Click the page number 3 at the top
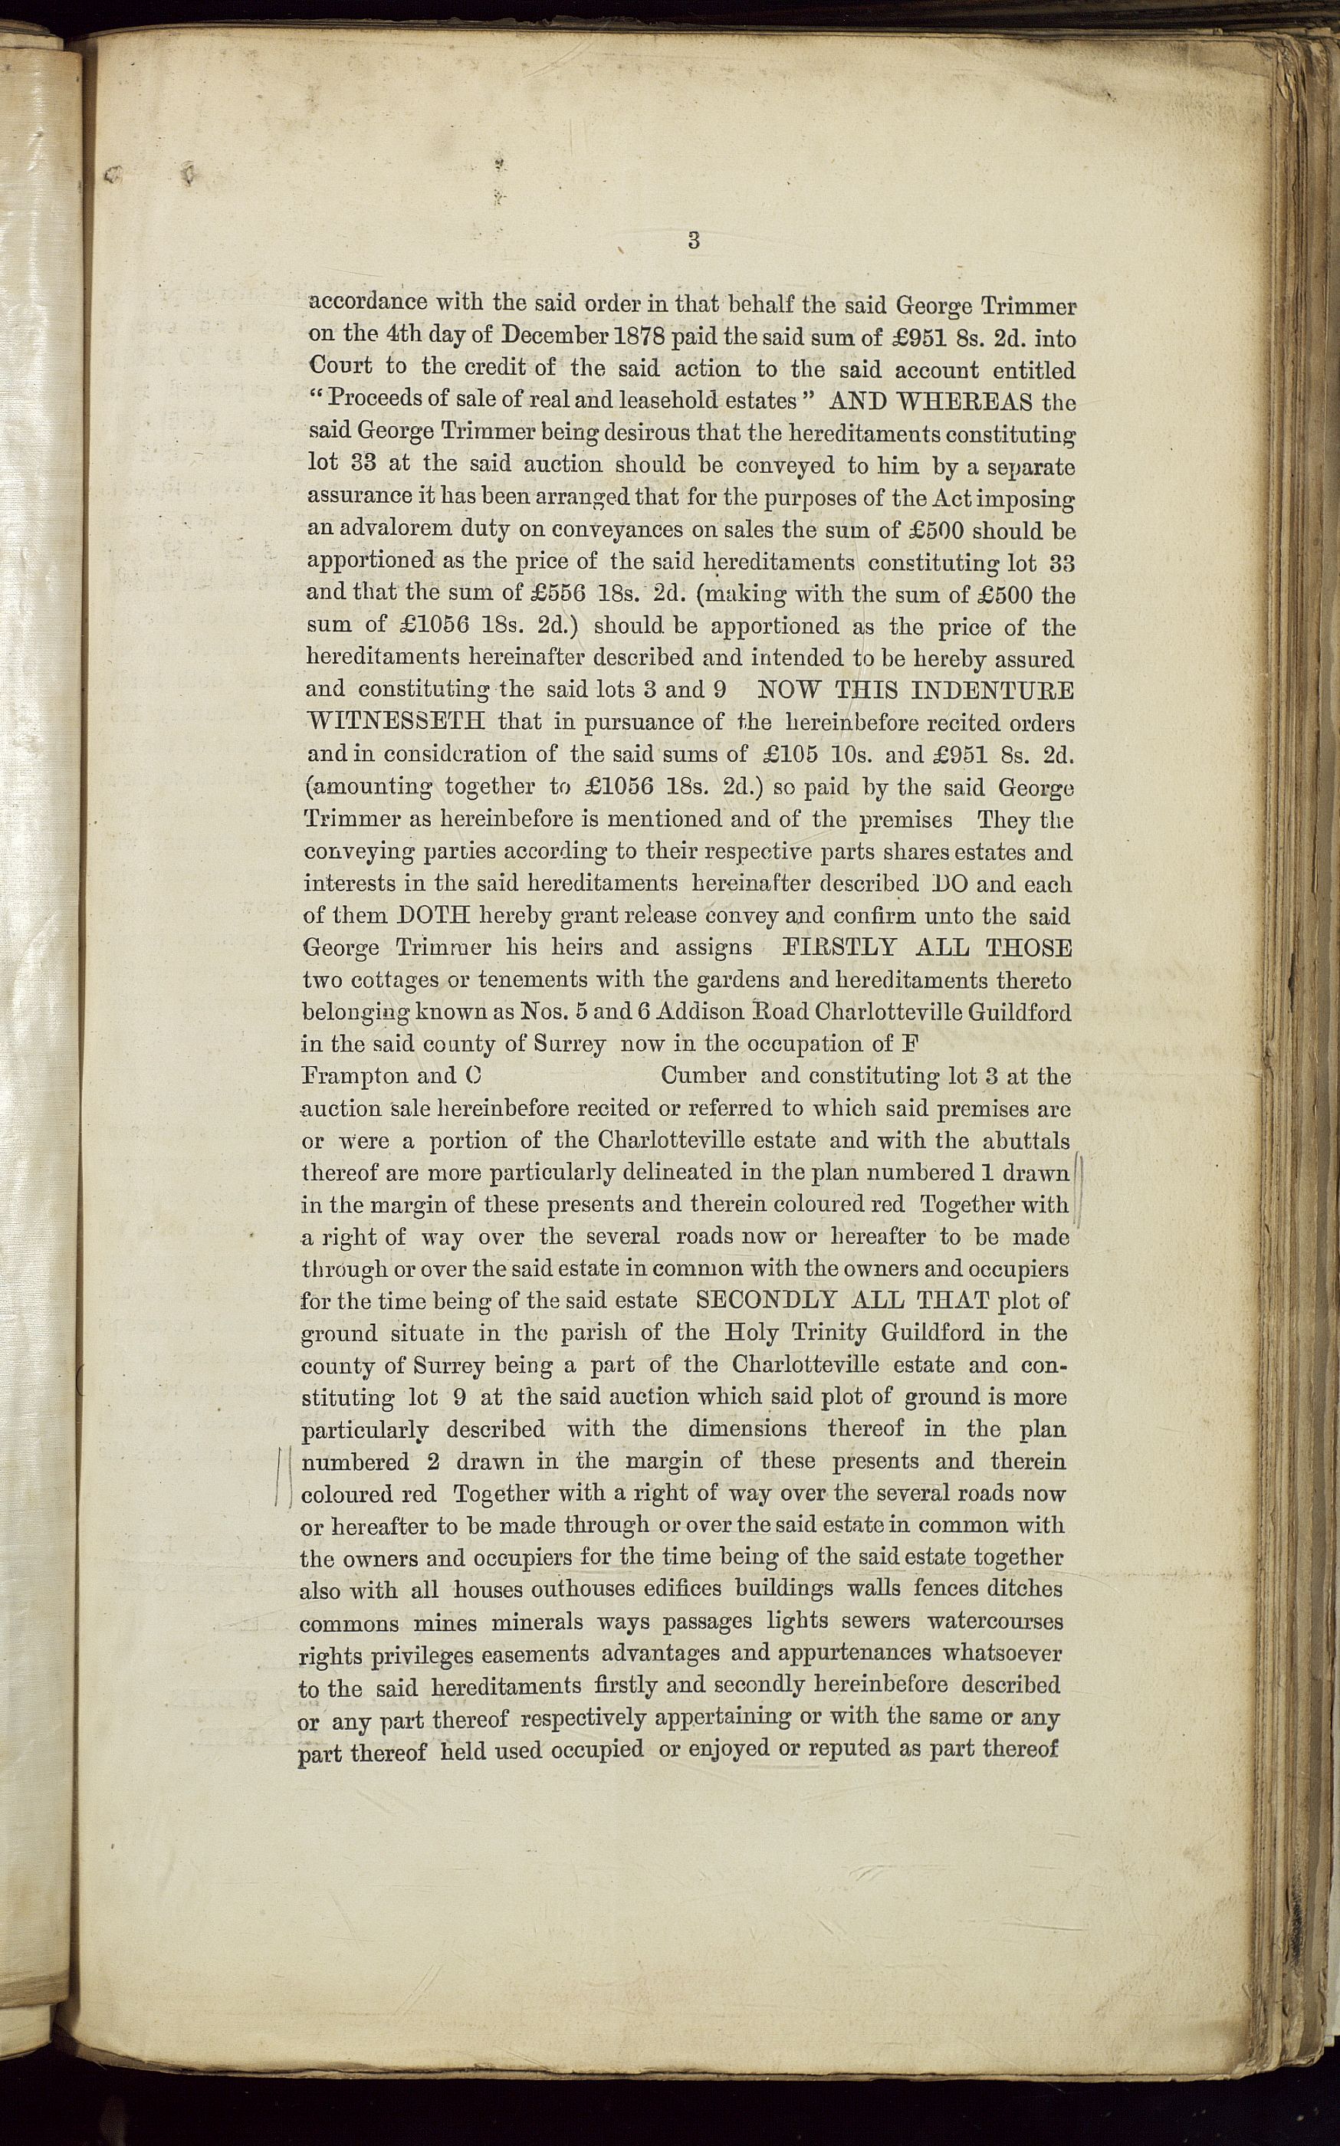pos(694,239)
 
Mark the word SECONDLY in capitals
pos(767,1300)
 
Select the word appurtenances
pos(853,1652)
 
